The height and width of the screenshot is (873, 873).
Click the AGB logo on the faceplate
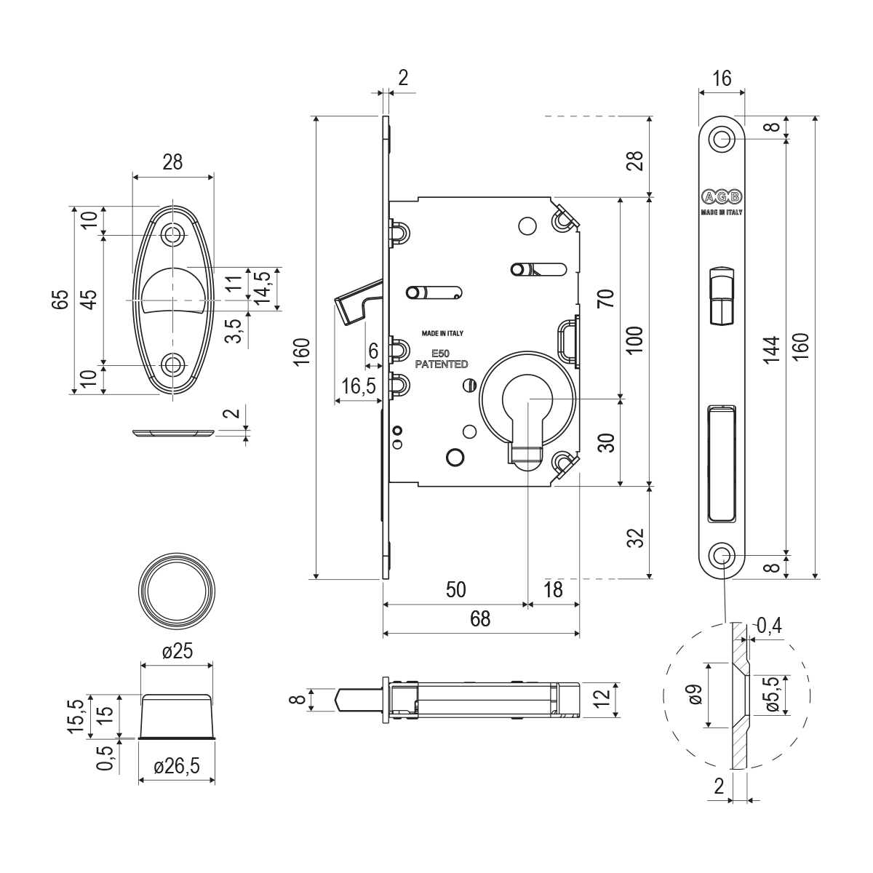722,197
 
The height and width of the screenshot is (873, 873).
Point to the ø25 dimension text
177,652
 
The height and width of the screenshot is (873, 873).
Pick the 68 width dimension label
480,619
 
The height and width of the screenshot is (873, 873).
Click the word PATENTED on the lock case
441,364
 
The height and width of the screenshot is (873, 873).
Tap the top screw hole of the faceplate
722,138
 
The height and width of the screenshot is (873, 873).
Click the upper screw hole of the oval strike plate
172,234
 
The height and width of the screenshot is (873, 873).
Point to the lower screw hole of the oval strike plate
172,364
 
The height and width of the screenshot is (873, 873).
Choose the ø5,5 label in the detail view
773,695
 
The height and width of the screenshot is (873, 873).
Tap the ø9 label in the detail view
695,695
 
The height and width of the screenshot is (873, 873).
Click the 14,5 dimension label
263,287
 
